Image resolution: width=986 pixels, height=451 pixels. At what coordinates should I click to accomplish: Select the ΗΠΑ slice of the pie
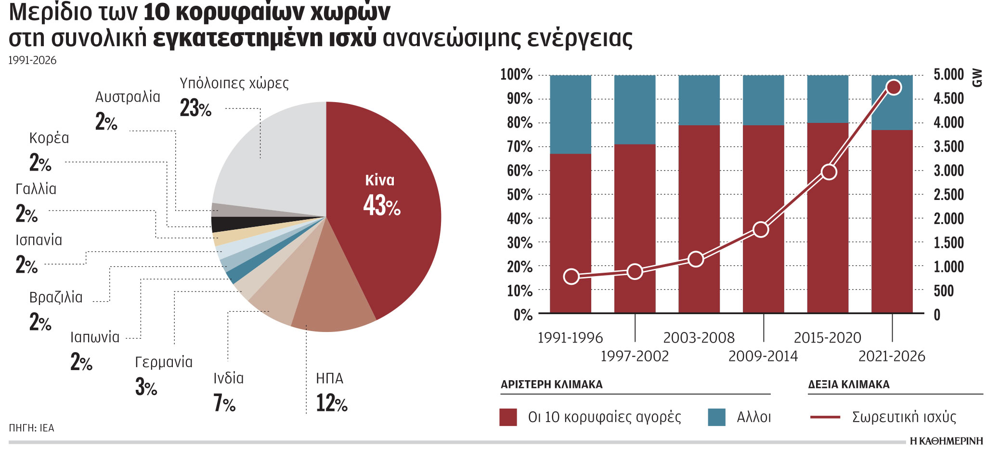[332, 299]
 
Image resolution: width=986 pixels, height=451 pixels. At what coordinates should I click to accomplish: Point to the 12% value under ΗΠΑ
[331, 403]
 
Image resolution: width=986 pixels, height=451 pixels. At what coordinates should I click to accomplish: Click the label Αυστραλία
[128, 97]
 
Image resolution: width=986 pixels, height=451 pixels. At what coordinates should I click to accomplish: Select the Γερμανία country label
[164, 362]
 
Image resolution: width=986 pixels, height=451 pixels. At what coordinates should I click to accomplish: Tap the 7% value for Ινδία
[224, 403]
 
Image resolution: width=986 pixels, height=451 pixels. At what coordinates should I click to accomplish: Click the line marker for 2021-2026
[894, 88]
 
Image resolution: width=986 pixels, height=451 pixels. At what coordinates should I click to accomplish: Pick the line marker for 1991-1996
[571, 277]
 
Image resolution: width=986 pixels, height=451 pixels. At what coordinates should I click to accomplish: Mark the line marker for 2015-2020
[829, 172]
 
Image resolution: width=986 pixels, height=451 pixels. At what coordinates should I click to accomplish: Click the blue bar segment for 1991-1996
[571, 114]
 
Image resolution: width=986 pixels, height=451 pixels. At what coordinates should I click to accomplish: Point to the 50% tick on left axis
[520, 195]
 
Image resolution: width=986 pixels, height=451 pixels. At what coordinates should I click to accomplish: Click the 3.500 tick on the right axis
[948, 146]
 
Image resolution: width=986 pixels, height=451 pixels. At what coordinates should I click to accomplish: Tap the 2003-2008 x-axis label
[699, 338]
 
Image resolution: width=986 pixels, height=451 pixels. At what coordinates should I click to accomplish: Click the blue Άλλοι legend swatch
[716, 417]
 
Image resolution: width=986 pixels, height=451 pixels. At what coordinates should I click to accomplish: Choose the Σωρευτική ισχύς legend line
[825, 417]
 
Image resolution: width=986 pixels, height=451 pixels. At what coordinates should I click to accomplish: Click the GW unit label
[977, 78]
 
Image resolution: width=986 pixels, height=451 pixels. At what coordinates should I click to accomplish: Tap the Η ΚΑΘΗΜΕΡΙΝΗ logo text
[946, 441]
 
